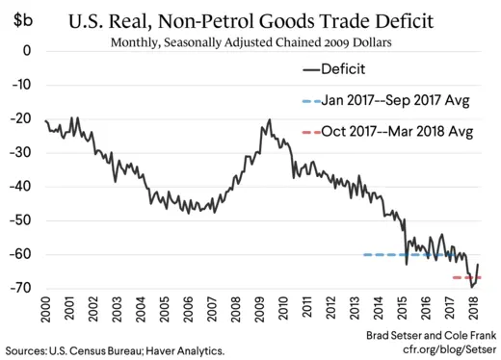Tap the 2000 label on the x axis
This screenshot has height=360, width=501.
click(46, 313)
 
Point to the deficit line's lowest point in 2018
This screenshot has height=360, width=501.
click(471, 288)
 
